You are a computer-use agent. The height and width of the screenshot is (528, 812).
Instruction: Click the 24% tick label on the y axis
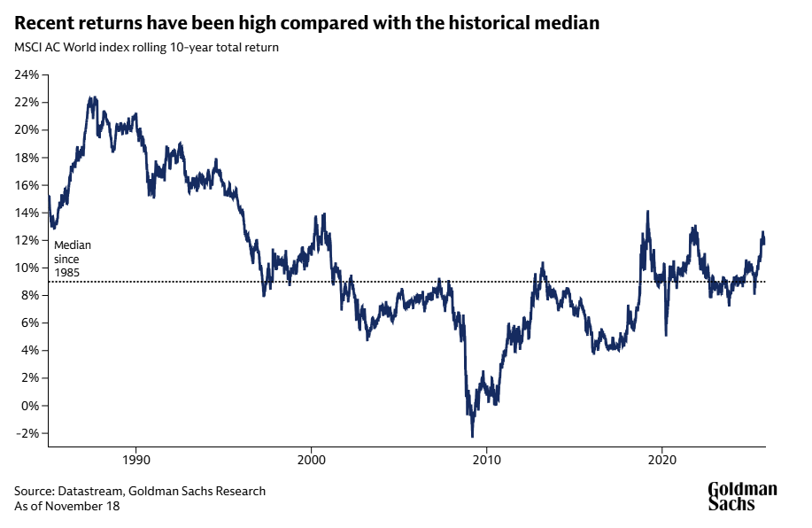(27, 74)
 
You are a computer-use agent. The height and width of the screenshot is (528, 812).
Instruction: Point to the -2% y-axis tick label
(27, 433)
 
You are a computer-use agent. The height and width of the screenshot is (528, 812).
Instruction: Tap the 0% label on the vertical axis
(28, 406)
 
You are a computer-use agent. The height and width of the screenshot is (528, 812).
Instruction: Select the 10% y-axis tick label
(27, 268)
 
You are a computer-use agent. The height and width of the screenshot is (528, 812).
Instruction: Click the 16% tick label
(27, 184)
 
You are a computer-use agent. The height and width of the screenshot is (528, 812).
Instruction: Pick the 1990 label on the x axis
(135, 460)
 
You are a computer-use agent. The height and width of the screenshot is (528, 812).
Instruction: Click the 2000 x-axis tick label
(311, 460)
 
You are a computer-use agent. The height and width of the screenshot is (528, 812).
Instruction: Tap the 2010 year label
(487, 460)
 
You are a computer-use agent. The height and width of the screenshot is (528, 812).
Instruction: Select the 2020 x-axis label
(663, 460)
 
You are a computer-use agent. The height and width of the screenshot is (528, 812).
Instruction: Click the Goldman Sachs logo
(742, 496)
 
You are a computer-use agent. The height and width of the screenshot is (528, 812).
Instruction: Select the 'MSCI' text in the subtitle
(28, 47)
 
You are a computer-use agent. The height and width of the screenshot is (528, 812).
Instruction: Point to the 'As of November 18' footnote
(66, 506)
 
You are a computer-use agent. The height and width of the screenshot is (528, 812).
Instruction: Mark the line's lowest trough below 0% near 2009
(472, 436)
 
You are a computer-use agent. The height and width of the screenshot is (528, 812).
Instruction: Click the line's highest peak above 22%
(91, 98)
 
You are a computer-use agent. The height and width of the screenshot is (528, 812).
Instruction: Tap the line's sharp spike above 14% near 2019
(648, 212)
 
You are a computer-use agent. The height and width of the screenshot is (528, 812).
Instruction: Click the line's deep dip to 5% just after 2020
(666, 334)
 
